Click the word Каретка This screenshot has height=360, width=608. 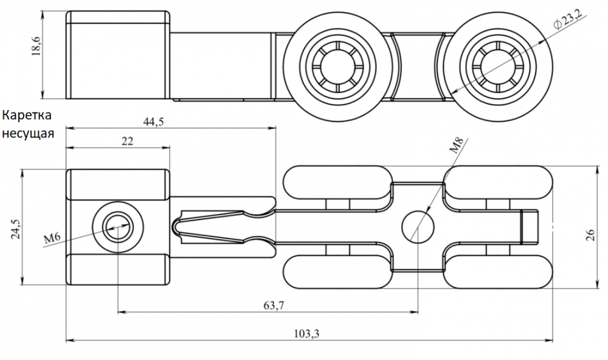(28, 115)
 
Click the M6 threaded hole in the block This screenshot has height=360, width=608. (116, 228)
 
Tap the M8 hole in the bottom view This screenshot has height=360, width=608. (418, 227)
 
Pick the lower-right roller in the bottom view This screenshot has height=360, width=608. (499, 271)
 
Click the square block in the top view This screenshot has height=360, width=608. (117, 55)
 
